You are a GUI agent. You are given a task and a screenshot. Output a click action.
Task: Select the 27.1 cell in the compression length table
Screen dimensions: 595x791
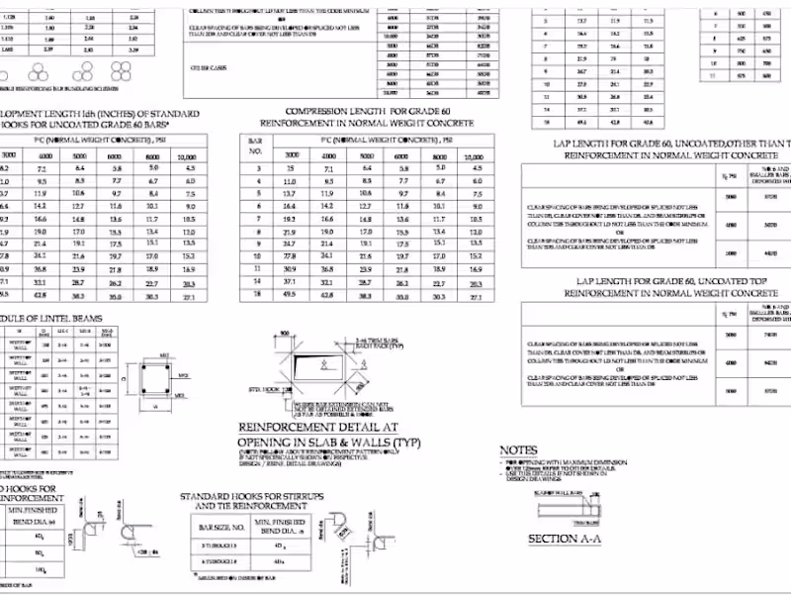pos(476,295)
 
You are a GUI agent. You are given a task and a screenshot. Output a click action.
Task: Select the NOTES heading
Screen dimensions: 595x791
pos(519,449)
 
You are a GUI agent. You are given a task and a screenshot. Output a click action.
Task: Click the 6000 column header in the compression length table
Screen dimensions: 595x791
pos(401,155)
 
